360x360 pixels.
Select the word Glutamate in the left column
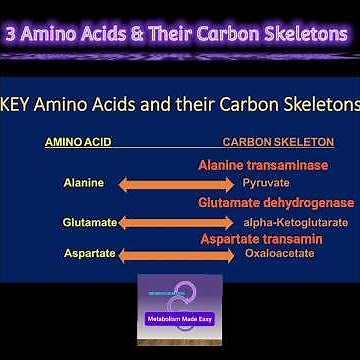90,222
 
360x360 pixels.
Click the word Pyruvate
266,184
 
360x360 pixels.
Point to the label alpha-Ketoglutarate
296,222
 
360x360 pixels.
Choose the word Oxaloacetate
280,255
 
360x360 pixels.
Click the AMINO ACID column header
78,142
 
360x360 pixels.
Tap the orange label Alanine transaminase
263,165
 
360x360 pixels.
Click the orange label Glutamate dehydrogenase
275,202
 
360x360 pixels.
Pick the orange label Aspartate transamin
261,239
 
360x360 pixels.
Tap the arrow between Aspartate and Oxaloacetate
177,256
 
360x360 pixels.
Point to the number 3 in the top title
13,33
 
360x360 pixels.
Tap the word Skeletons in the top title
297,33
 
